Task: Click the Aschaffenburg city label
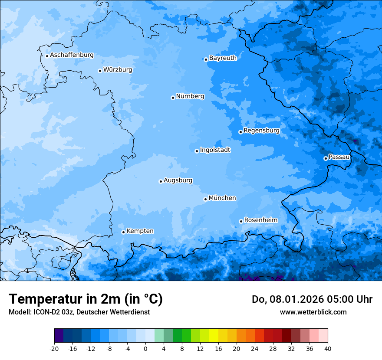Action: (72, 55)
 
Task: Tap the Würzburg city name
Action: (118, 70)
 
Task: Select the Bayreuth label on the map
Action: (223, 58)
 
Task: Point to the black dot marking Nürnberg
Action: (173, 98)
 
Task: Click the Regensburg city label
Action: (261, 131)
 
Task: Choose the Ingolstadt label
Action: (215, 150)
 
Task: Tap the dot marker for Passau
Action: (326, 158)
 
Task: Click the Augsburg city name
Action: (178, 180)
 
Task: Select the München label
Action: (222, 198)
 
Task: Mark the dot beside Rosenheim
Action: (241, 221)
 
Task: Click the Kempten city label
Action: (140, 231)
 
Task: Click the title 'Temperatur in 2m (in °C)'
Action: (86, 299)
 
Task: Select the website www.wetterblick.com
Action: (313, 312)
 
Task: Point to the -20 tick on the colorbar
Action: (54, 348)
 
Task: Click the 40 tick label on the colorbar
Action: (328, 348)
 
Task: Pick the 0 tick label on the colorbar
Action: (145, 348)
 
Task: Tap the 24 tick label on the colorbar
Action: (255, 348)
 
